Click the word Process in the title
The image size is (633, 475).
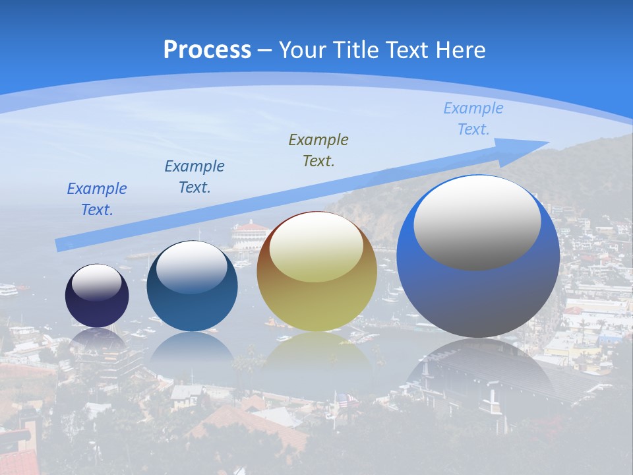tap(207, 50)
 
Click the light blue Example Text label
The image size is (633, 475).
tap(473, 119)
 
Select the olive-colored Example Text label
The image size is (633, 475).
tap(318, 150)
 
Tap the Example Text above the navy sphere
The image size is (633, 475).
tap(97, 199)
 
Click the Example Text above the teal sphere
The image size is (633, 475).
tap(195, 177)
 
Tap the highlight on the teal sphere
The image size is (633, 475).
tap(191, 267)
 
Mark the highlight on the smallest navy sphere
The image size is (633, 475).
tap(97, 282)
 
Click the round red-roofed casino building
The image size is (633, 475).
tap(249, 234)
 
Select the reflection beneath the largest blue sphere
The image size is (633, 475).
tap(478, 369)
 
